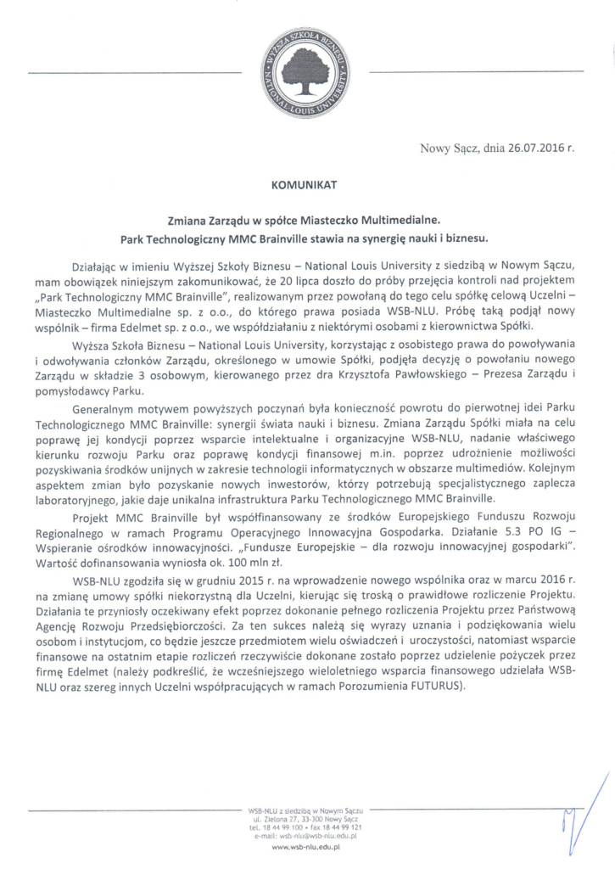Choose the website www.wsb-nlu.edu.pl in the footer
click(306, 847)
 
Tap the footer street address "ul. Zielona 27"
click(283, 819)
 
